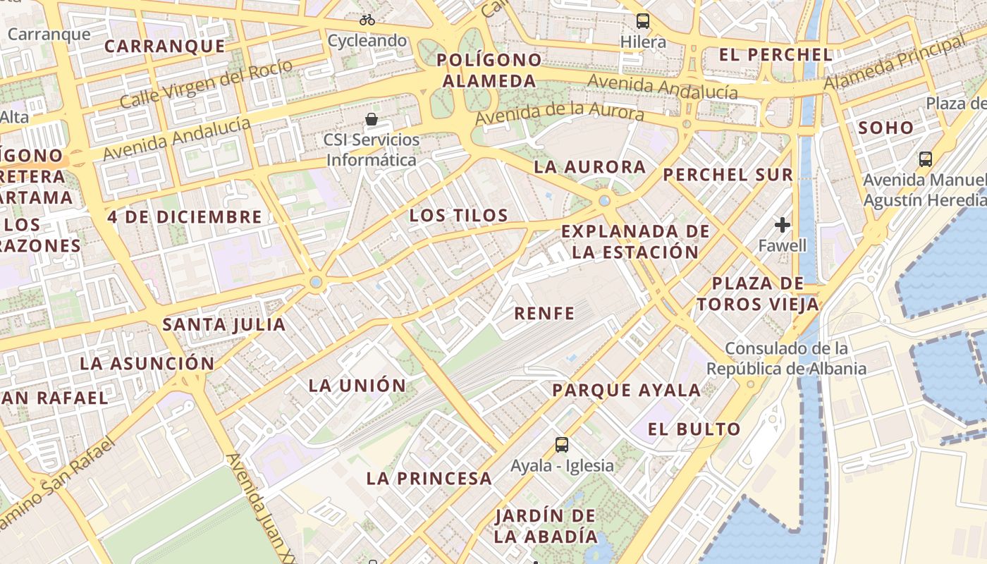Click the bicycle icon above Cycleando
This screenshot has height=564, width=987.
367,20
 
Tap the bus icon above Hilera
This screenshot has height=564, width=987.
642,20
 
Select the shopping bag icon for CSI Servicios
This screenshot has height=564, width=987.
371,119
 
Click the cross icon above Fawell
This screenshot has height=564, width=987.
782,225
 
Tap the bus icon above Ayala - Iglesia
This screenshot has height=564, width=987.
561,445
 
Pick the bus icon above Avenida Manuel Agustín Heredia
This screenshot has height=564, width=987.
925,159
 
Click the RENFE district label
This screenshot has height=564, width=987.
544,314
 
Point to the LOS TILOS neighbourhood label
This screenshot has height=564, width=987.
459,216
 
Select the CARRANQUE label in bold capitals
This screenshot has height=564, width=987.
165,47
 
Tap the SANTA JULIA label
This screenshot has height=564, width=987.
224,325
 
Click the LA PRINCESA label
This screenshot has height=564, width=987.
429,478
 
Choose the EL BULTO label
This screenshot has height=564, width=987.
694,429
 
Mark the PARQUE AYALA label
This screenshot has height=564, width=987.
626,390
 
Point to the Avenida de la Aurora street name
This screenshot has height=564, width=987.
559,114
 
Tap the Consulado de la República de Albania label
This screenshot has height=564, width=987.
786,358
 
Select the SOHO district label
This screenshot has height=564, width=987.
885,128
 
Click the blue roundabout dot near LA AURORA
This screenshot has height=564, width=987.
604,201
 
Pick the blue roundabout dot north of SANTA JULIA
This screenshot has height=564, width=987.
316,282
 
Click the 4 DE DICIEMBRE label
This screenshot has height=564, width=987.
185,217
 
